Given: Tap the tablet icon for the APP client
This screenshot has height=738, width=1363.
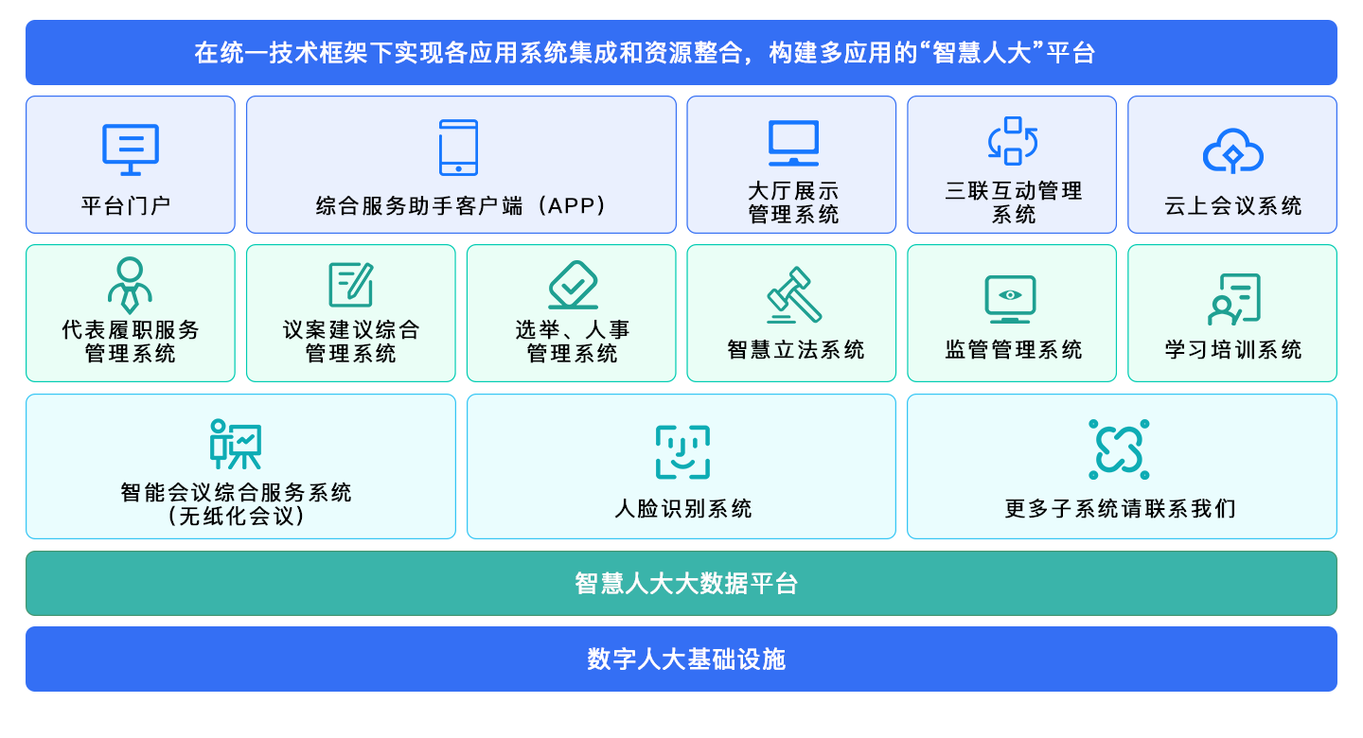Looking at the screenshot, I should point(459,148).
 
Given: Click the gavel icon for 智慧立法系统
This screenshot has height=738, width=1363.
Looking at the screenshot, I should point(794,294).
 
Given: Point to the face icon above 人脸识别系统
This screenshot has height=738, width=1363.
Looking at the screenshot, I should point(682,451).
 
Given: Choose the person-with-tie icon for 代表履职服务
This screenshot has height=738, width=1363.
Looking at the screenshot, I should point(130,285).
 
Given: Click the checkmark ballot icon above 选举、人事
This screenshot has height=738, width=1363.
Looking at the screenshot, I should point(573,285).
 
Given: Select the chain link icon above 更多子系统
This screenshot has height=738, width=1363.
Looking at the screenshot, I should point(1119,448).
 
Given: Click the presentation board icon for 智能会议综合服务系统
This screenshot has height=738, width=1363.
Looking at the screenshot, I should point(236,445).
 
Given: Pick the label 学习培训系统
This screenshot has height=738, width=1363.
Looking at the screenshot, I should point(1233,350).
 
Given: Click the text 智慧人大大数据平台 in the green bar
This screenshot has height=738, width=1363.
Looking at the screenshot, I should point(686,584).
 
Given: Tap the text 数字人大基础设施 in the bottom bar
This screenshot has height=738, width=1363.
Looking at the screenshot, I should point(686,659).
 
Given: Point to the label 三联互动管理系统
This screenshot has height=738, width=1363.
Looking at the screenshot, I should point(1014,202).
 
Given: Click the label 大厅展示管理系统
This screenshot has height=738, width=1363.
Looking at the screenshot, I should point(793,202).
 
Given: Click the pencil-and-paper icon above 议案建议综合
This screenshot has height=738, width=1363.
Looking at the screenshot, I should point(350,285).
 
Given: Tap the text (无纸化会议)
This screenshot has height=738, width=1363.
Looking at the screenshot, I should point(236,517).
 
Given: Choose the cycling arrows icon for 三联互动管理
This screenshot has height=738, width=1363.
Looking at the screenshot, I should point(1013,141).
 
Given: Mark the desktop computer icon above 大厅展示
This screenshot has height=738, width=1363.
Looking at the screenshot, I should point(793,144).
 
